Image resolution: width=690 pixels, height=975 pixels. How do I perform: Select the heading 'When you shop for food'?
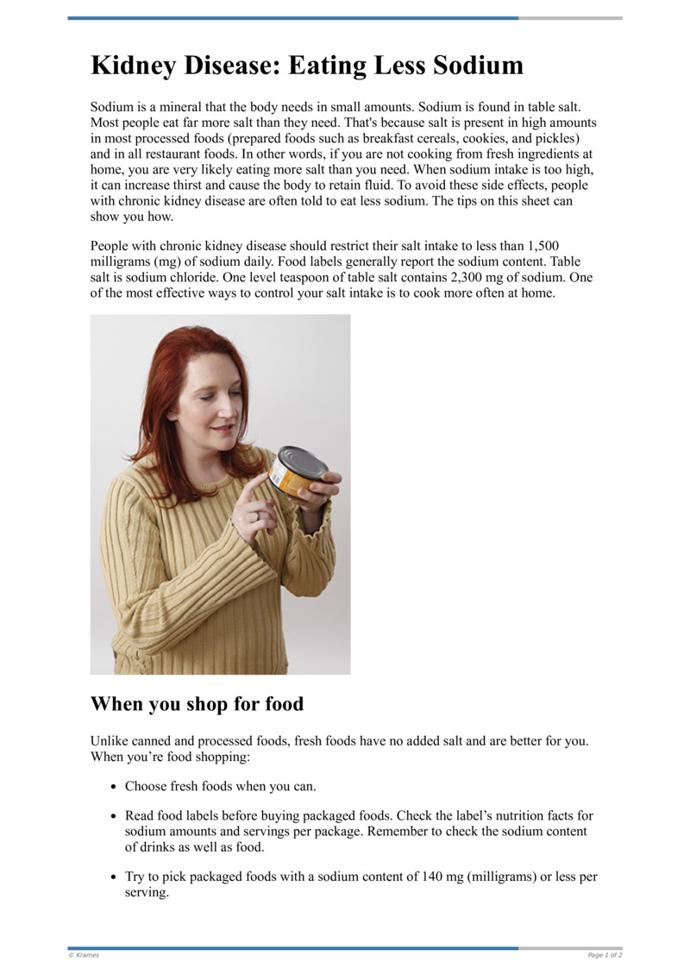click(x=197, y=704)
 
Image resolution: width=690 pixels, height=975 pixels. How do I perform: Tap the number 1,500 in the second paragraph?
click(x=542, y=246)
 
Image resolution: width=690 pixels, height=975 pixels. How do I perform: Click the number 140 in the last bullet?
click(x=431, y=877)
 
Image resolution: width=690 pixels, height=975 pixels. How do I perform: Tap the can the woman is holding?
click(x=295, y=472)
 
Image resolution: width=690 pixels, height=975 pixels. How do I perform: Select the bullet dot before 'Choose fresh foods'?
click(x=114, y=787)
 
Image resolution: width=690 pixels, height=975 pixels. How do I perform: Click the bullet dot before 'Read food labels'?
click(x=114, y=816)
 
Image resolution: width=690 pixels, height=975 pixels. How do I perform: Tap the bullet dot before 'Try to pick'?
click(x=114, y=877)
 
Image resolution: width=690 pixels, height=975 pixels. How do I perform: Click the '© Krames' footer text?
click(x=84, y=955)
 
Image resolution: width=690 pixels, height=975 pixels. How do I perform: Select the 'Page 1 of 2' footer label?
click(x=605, y=955)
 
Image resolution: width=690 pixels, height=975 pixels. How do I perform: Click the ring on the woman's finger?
click(x=257, y=516)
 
